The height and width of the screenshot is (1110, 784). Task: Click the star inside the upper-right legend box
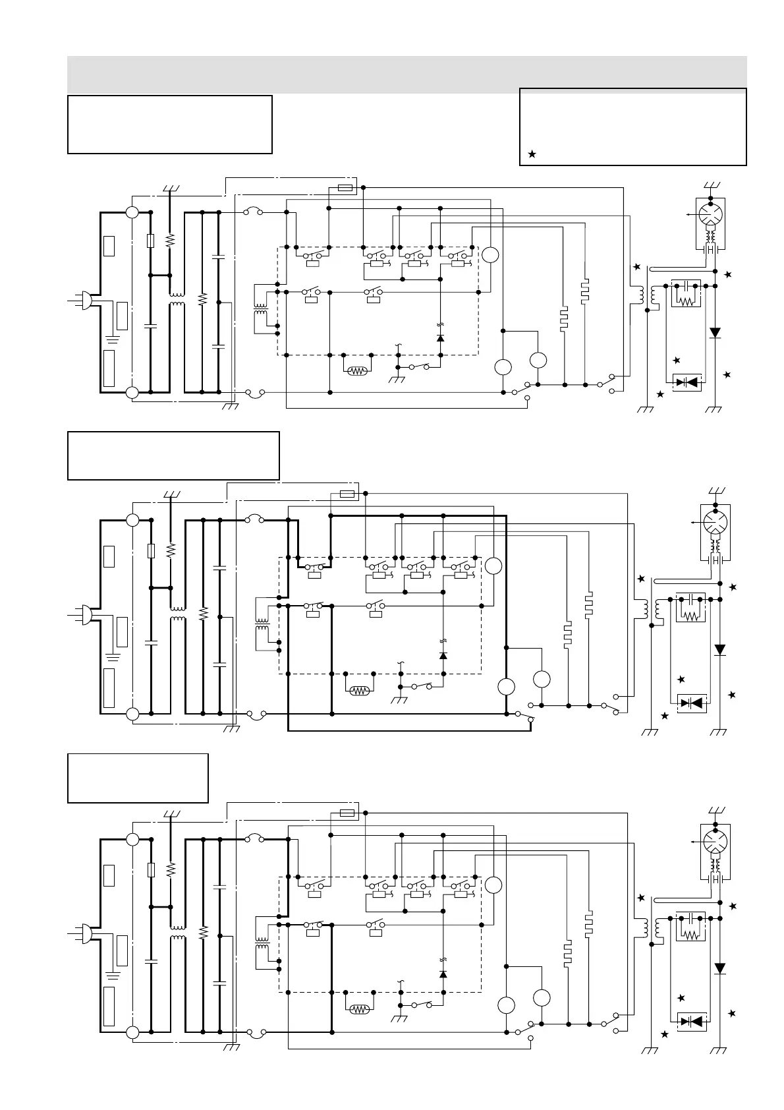coord(532,154)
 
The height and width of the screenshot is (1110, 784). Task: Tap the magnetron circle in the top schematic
coord(711,214)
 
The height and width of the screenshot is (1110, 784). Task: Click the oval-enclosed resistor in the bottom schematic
coord(359,1009)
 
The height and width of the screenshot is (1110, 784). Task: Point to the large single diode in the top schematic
coord(715,333)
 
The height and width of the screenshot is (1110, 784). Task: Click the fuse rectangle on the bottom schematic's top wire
coord(347,813)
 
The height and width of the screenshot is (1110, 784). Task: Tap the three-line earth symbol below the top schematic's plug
coord(112,339)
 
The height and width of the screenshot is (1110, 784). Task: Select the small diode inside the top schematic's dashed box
coord(440,337)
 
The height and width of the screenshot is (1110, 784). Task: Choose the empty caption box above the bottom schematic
coord(138,778)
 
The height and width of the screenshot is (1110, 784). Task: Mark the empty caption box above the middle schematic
coord(173,455)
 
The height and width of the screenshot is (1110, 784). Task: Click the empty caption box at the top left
coord(170,125)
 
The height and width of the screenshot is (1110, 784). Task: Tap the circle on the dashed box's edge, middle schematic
coord(493,566)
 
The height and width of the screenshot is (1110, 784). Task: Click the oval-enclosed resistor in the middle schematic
coord(359,691)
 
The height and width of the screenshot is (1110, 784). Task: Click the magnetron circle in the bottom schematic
coord(713,841)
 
